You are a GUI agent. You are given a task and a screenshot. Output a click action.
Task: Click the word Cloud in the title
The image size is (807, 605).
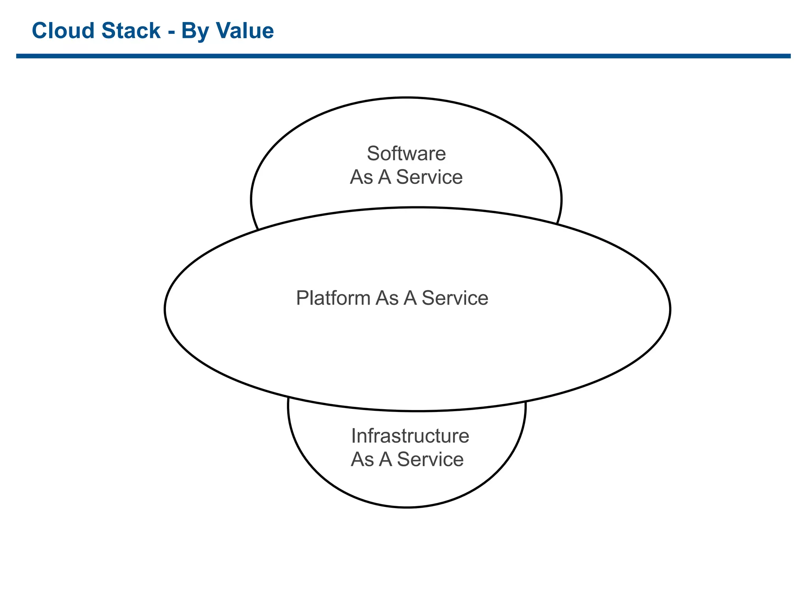point(63,31)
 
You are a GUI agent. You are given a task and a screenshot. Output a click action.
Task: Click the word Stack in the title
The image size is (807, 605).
point(131,31)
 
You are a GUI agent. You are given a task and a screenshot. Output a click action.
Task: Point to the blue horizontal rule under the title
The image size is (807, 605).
point(403,56)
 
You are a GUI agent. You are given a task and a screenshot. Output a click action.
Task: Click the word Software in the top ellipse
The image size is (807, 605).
point(406,154)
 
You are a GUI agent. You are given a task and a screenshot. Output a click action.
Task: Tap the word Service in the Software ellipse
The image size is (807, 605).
point(429,177)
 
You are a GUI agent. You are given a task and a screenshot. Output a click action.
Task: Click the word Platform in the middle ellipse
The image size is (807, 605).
point(333,298)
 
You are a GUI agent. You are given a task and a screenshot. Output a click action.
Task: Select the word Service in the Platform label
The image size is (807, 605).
point(455,298)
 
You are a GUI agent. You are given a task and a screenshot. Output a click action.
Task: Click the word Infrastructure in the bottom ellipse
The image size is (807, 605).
point(410,436)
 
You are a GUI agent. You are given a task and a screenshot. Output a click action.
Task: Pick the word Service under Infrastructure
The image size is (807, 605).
point(430,460)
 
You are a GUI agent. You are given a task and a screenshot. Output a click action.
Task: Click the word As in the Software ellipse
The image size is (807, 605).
point(361,177)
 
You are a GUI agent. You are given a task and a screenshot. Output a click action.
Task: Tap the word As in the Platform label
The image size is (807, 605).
point(387,298)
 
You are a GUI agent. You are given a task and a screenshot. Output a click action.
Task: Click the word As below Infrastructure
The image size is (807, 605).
point(362,460)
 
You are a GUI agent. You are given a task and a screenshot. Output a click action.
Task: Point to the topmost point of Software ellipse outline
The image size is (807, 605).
point(406,97)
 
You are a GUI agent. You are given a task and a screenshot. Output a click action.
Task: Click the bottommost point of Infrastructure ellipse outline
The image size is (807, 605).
point(407,507)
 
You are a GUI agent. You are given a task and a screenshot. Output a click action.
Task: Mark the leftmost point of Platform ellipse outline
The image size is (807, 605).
point(165,309)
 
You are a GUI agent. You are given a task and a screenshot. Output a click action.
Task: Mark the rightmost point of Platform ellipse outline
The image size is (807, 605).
point(670,309)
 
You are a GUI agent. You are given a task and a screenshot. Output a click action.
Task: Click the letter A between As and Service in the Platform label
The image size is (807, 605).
point(410,298)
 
